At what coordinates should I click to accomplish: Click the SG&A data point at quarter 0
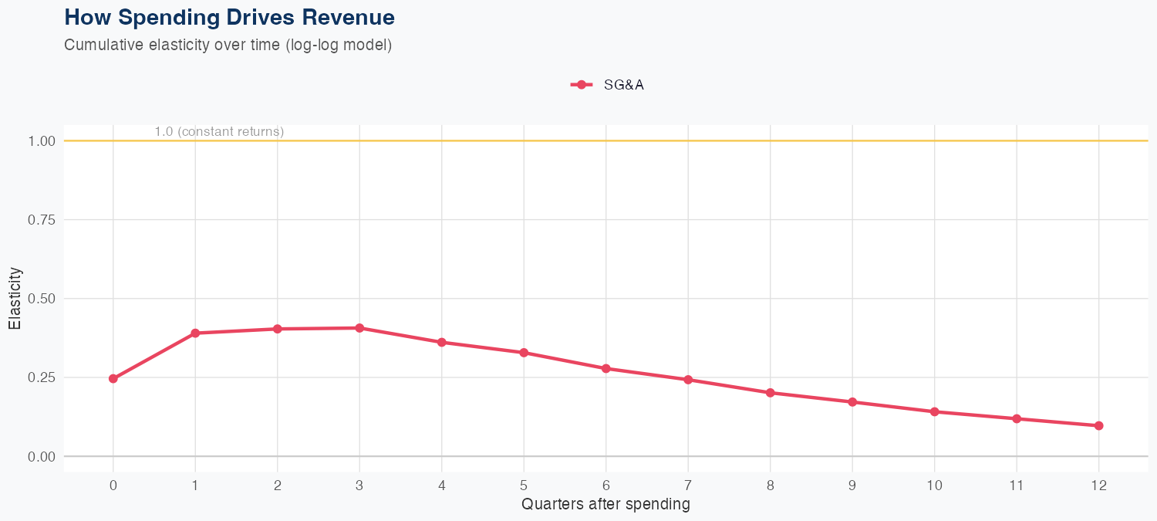(x=113, y=378)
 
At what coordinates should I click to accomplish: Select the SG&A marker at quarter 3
(x=359, y=328)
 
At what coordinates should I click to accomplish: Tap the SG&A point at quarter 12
(x=1098, y=425)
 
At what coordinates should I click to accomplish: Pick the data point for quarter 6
(x=606, y=368)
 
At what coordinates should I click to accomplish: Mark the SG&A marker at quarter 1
(x=195, y=333)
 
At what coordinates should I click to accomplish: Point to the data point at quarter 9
(x=852, y=401)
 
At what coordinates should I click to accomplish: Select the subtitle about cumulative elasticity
(x=228, y=45)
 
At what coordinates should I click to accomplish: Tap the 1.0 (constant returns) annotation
(x=219, y=131)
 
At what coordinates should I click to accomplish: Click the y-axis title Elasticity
(x=15, y=298)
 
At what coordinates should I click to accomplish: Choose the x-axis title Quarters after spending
(x=605, y=505)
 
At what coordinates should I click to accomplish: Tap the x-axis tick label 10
(x=934, y=485)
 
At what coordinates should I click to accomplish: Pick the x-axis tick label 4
(x=441, y=485)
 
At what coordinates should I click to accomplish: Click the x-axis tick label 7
(x=688, y=485)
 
